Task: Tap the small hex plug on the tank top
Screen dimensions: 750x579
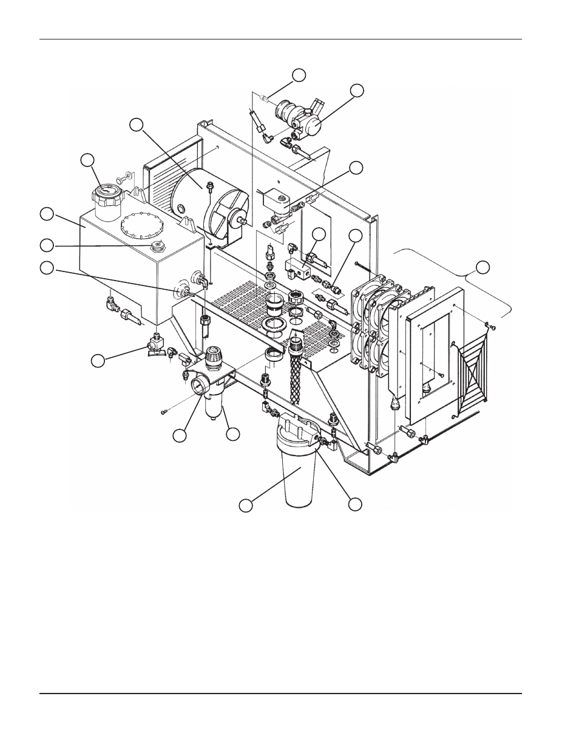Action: coord(157,247)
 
